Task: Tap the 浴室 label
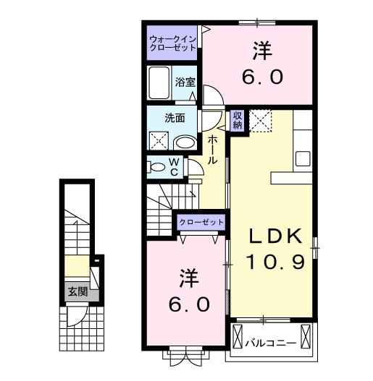point(185,82)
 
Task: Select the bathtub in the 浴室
point(159,85)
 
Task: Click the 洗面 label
point(172,118)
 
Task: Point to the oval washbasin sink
point(185,142)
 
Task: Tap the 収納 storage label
point(238,120)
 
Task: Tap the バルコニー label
point(270,342)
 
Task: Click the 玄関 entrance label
point(77,292)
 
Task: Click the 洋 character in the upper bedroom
point(261,51)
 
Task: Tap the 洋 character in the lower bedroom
point(188,277)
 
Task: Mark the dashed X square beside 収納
point(261,121)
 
